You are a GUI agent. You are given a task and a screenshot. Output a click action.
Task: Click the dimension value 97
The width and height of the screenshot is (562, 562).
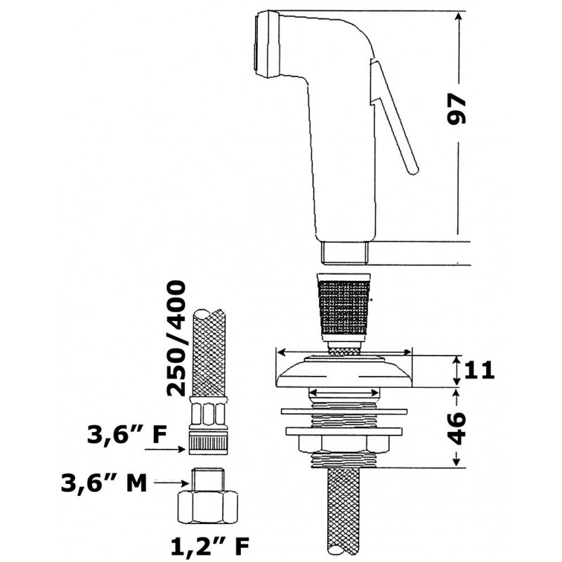456,110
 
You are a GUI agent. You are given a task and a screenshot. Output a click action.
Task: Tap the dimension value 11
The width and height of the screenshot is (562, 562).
479,370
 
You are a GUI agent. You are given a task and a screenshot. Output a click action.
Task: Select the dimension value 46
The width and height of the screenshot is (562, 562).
457,429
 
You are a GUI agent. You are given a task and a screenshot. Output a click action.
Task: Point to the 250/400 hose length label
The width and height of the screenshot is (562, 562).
176,339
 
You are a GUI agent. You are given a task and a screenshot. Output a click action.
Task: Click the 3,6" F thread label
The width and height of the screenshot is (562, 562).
127,435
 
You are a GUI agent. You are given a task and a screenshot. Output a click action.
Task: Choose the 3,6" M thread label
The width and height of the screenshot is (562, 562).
104,483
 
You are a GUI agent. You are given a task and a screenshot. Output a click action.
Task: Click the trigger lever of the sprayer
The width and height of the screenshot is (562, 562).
393,117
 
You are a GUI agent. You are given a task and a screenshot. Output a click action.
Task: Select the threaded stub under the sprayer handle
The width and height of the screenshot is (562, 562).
345,253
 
